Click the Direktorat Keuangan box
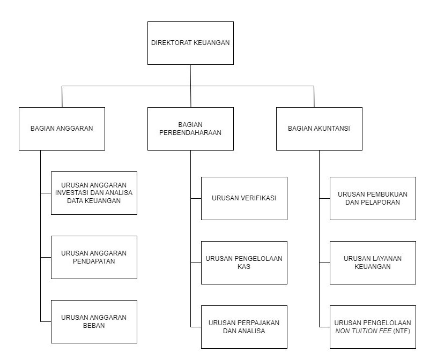pyautogui.click(x=190, y=43)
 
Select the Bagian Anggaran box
pyautogui.click(x=62, y=129)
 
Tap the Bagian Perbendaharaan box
pyautogui.click(x=190, y=129)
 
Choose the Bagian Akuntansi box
pyautogui.click(x=319, y=129)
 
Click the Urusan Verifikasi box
pyautogui.click(x=244, y=199)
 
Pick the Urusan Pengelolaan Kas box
pyautogui.click(x=244, y=262)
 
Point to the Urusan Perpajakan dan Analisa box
pyautogui.click(x=244, y=327)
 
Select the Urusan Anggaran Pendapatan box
pyautogui.click(x=94, y=257)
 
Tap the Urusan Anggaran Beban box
pyautogui.click(x=94, y=321)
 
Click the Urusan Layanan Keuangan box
pyautogui.click(x=373, y=262)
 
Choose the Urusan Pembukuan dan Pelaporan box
pyautogui.click(x=373, y=199)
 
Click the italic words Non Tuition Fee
pyautogui.click(x=363, y=331)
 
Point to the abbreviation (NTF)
pyautogui.click(x=402, y=331)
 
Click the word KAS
pyautogui.click(x=244, y=267)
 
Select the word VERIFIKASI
pyautogui.click(x=258, y=198)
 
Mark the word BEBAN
pyautogui.click(x=94, y=326)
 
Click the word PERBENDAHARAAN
pyautogui.click(x=190, y=132)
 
